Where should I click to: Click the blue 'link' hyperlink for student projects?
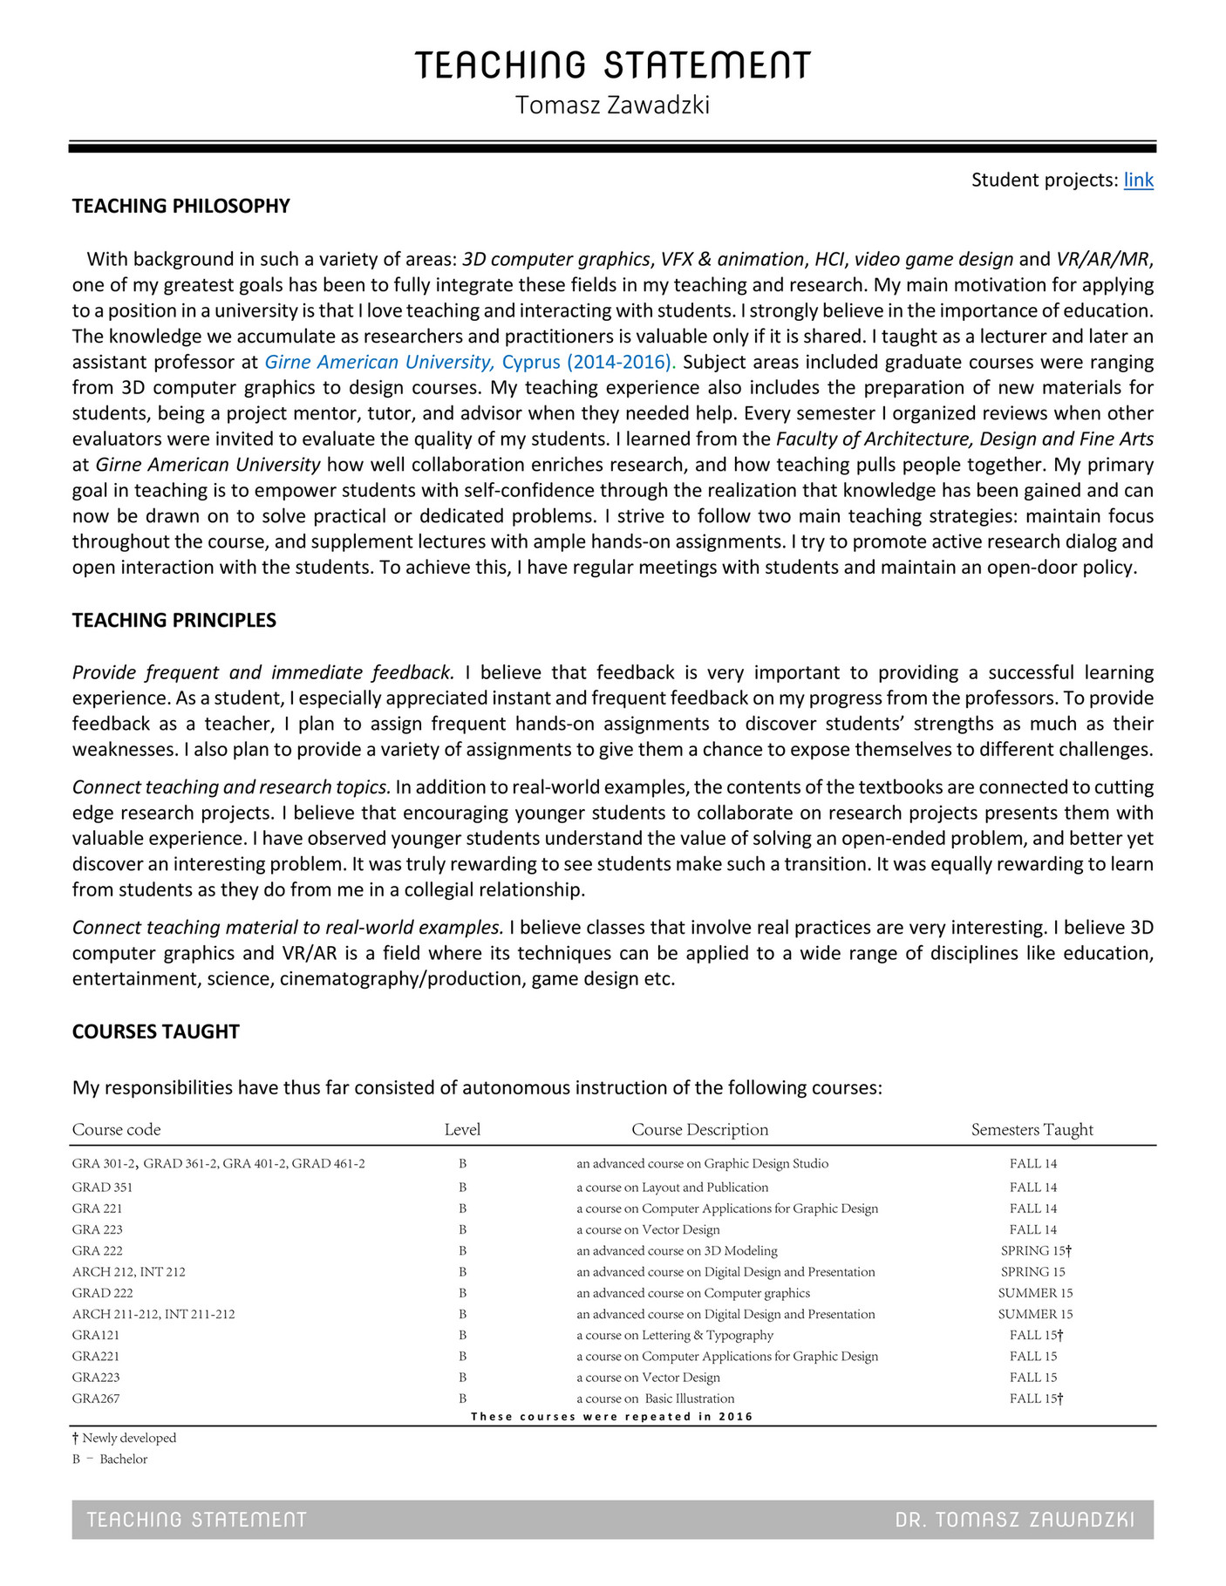click(1138, 180)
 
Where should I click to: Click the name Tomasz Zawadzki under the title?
click(612, 106)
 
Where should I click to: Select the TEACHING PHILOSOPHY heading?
click(180, 206)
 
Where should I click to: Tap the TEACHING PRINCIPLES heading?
click(174, 620)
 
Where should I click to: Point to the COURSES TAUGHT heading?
click(155, 1031)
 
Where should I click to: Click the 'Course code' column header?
click(116, 1130)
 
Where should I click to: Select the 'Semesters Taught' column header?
click(1032, 1130)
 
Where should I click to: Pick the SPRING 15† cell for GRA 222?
click(1035, 1250)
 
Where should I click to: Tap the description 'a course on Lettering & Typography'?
click(674, 1335)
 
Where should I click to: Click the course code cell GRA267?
click(96, 1399)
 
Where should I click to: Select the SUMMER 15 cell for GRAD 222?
click(1035, 1293)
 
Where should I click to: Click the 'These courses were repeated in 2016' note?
click(611, 1416)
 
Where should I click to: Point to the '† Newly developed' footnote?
click(124, 1438)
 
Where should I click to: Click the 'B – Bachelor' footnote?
click(110, 1460)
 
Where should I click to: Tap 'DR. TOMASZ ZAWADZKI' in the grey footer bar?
click(1014, 1521)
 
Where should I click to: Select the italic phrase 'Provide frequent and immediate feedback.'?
click(263, 672)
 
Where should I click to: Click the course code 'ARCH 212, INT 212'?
click(128, 1272)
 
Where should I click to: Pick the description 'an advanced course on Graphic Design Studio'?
click(702, 1164)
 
